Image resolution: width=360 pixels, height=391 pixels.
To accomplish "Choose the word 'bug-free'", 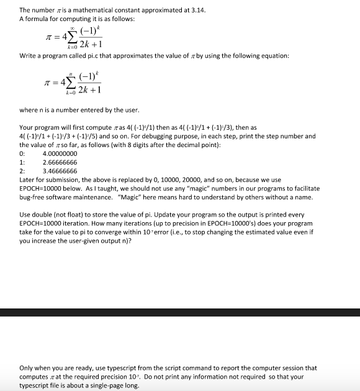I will [34, 197].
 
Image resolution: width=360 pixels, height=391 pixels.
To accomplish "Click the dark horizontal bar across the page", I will [180, 313].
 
